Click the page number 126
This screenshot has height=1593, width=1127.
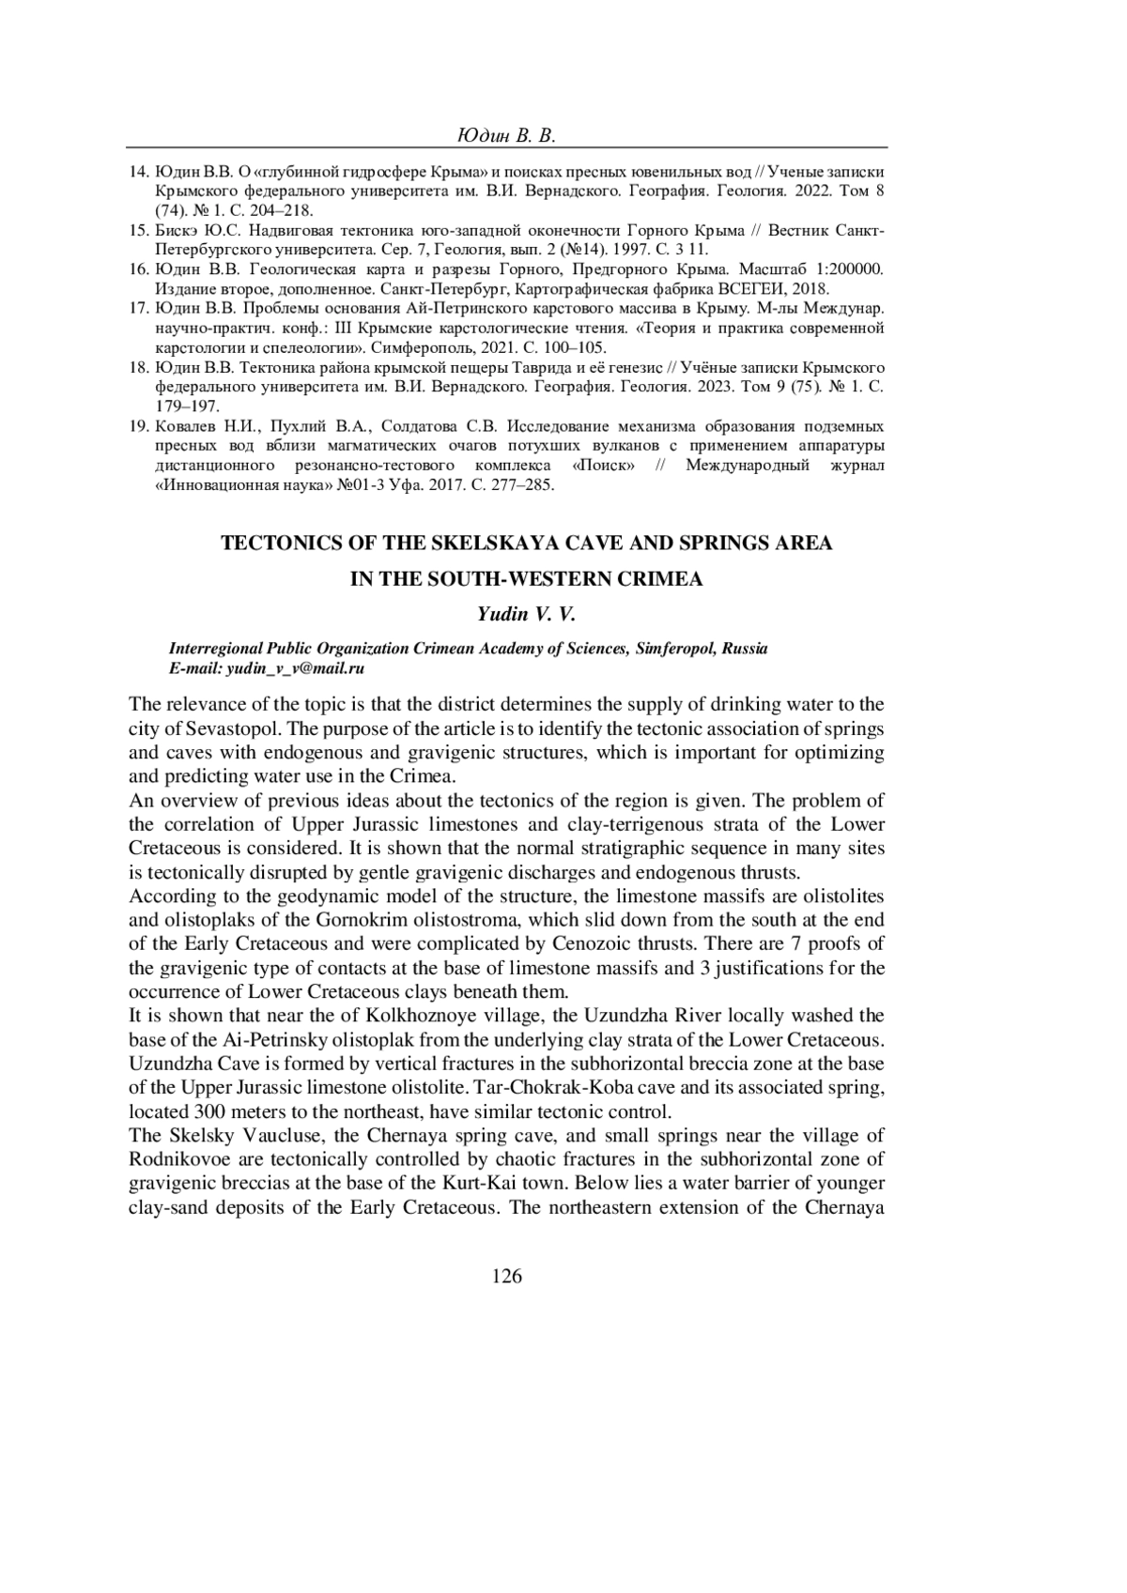click(x=506, y=1276)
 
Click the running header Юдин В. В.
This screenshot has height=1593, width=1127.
click(x=506, y=136)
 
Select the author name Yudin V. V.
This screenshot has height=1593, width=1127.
click(x=525, y=615)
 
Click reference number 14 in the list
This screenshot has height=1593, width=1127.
click(x=137, y=174)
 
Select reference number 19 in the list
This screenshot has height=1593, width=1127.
click(x=137, y=426)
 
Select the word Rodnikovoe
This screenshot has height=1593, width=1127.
click(x=177, y=1160)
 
